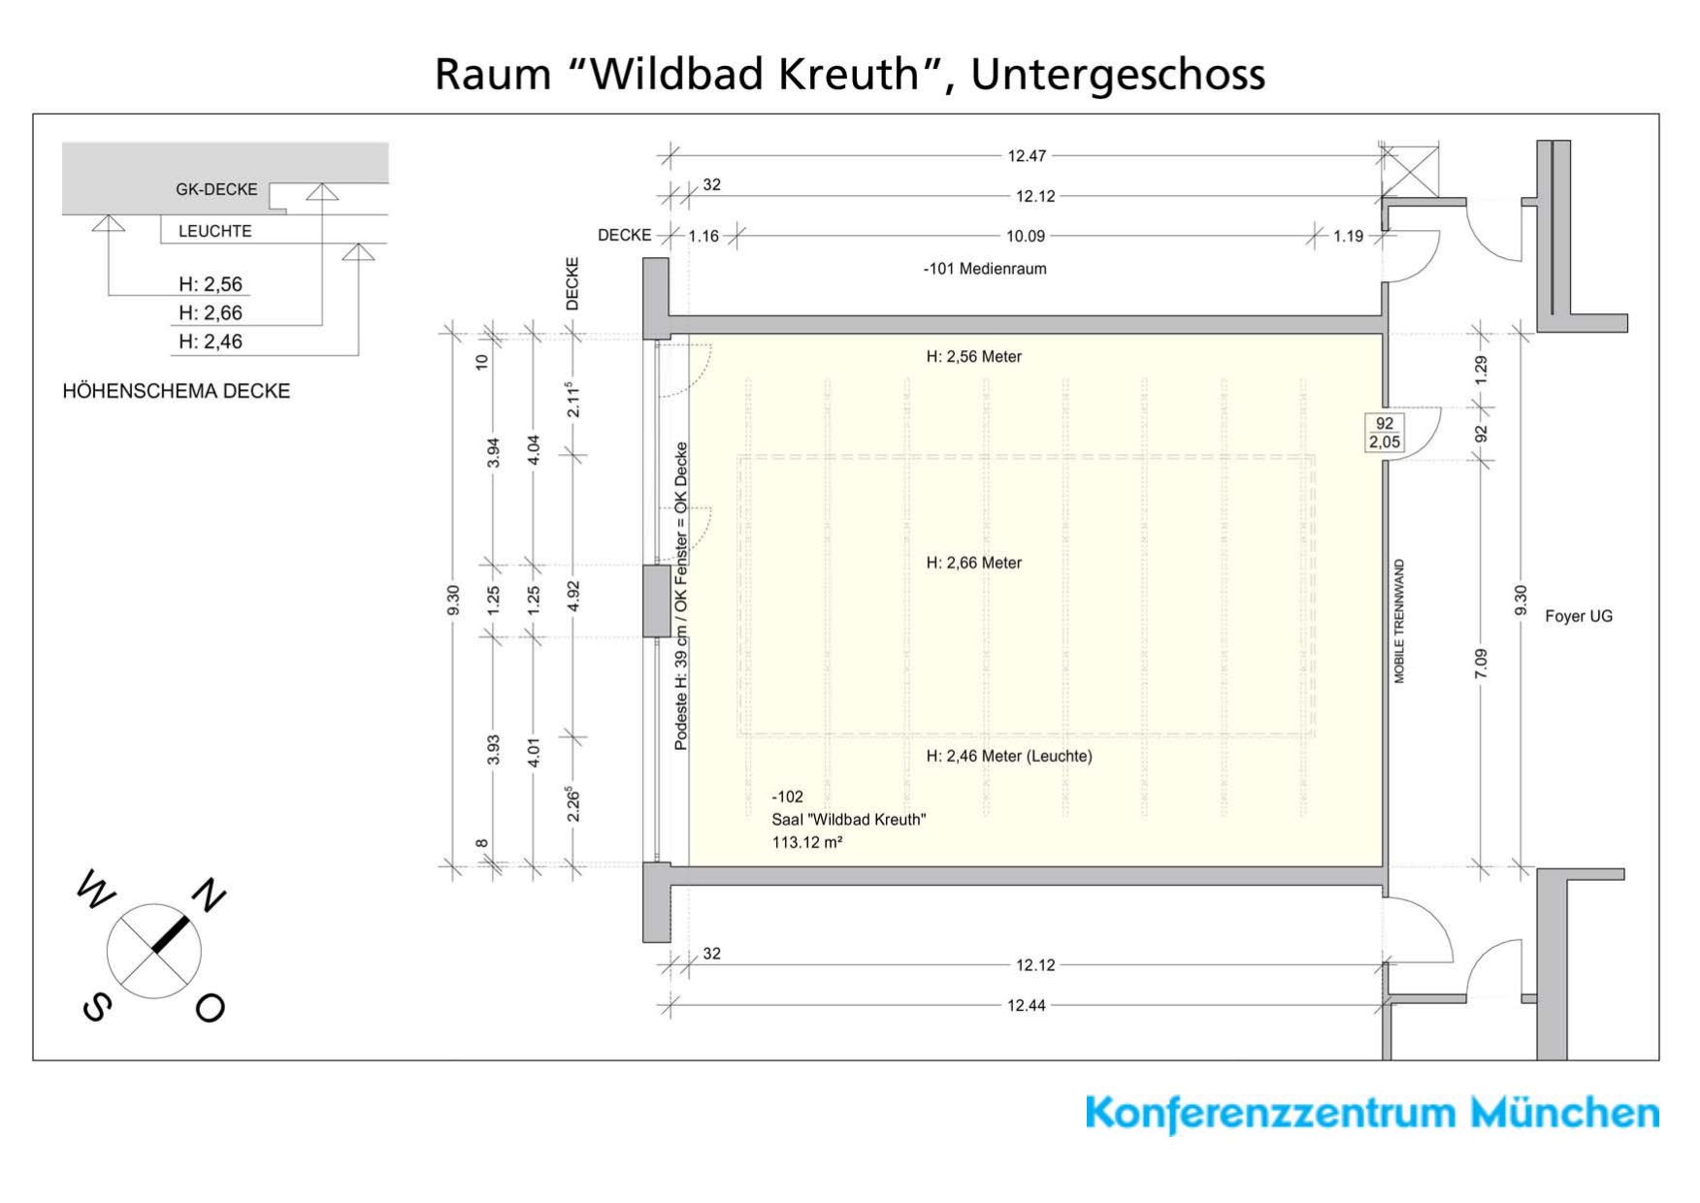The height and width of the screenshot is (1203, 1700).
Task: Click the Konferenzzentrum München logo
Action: pyautogui.click(x=1371, y=1113)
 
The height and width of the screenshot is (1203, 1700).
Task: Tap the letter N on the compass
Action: pyautogui.click(x=208, y=894)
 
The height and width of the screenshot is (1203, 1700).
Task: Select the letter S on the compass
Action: pyautogui.click(x=96, y=1007)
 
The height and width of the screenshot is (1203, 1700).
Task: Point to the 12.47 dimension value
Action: pyautogui.click(x=1027, y=155)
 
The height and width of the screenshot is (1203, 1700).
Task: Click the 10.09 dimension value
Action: pyautogui.click(x=1026, y=236)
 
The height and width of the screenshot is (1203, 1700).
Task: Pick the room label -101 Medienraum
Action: pyautogui.click(x=984, y=269)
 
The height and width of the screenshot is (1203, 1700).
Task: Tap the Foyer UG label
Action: pyautogui.click(x=1578, y=616)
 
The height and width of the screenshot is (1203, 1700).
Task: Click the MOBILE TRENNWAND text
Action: pyautogui.click(x=1399, y=621)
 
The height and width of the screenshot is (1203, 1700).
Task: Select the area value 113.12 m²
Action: pyautogui.click(x=806, y=842)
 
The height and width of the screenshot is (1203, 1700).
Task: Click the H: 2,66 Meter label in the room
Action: pyautogui.click(x=973, y=563)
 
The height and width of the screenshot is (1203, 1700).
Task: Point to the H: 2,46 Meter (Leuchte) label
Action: pyautogui.click(x=1008, y=756)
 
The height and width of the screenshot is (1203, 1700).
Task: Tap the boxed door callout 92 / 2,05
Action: pyautogui.click(x=1385, y=433)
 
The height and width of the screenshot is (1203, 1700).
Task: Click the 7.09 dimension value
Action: pyautogui.click(x=1480, y=664)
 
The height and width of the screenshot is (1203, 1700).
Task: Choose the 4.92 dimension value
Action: pyautogui.click(x=573, y=596)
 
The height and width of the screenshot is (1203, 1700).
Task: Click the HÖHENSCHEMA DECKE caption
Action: pyautogui.click(x=176, y=391)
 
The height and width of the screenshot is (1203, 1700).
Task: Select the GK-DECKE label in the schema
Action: pyautogui.click(x=216, y=189)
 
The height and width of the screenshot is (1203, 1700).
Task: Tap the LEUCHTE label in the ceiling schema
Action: pyautogui.click(x=214, y=231)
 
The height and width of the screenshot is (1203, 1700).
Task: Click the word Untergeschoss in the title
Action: pyautogui.click(x=1118, y=74)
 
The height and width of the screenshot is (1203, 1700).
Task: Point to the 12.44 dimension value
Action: pyautogui.click(x=1026, y=1005)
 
